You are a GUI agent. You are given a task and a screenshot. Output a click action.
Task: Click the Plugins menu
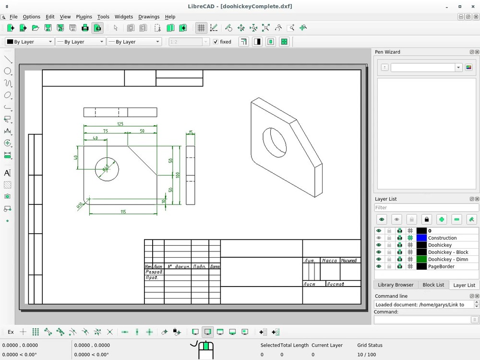pyautogui.click(x=84, y=17)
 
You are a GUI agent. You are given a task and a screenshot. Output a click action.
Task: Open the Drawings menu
pyautogui.click(x=149, y=17)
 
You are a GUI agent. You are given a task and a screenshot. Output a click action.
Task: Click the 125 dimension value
pyautogui.click(x=120, y=124)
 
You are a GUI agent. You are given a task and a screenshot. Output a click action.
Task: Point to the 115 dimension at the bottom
pyautogui.click(x=123, y=211)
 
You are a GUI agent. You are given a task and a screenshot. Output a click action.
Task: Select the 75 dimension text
pyautogui.click(x=105, y=131)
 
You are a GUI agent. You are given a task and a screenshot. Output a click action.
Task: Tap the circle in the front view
pyautogui.click(x=107, y=169)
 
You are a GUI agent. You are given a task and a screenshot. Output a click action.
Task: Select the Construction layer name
pyautogui.click(x=442, y=238)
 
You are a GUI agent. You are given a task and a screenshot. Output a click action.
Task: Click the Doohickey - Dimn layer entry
pyautogui.click(x=448, y=259)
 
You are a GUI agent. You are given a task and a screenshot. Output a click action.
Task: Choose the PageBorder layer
pyautogui.click(x=441, y=266)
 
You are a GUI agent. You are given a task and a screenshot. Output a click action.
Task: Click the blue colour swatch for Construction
pyautogui.click(x=421, y=238)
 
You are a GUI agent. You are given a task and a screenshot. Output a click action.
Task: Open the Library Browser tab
pyautogui.click(x=396, y=285)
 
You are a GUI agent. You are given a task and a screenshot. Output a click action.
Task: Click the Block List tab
pyautogui.click(x=433, y=285)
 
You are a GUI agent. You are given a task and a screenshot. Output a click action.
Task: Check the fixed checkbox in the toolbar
pyautogui.click(x=216, y=42)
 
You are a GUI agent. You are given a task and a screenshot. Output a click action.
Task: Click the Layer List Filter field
pyautogui.click(x=426, y=208)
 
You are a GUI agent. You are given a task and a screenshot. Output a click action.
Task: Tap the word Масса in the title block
pyautogui.click(x=329, y=261)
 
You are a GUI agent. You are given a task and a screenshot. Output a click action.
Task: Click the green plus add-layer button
pyautogui.click(x=442, y=219)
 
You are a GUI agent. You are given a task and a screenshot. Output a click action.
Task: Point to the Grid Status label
pyautogui.click(x=370, y=345)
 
